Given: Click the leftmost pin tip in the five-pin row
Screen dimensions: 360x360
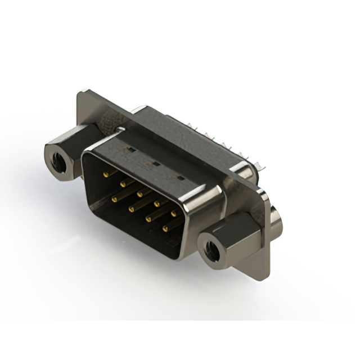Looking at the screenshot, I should click(x=105, y=174).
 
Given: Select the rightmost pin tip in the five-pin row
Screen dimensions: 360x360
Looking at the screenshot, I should click(x=174, y=213).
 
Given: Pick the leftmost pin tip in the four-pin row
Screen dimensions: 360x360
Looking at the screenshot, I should click(x=114, y=199).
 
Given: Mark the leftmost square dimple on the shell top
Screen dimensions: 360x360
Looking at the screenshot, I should click(x=129, y=150).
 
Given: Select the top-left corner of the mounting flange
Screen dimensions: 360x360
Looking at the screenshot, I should click(x=84, y=91).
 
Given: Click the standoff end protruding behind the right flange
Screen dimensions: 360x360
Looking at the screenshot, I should click(x=277, y=223).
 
